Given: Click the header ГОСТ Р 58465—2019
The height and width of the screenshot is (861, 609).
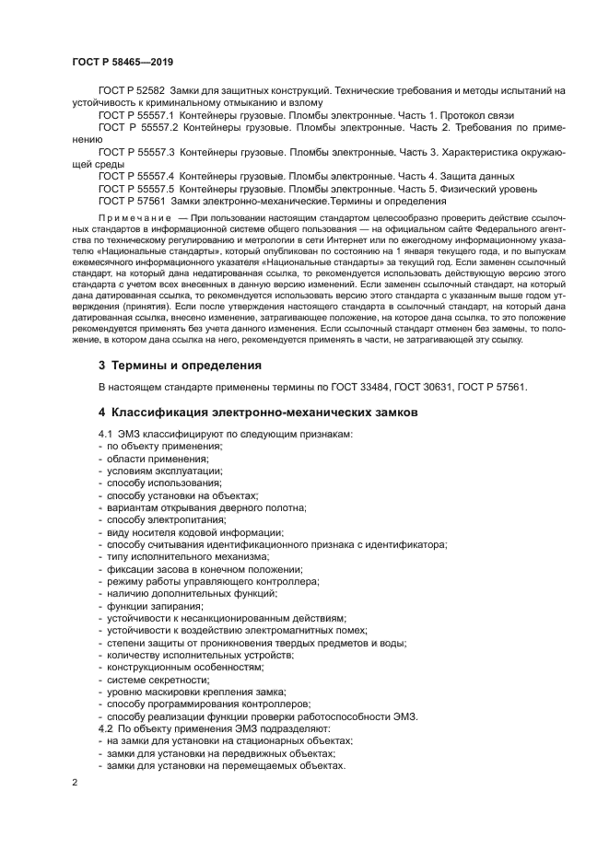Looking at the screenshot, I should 122,62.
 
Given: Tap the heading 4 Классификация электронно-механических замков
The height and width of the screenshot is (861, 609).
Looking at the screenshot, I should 258,413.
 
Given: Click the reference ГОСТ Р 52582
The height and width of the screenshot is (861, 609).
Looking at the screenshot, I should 131,90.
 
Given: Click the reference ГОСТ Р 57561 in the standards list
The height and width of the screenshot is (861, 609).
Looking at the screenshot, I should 131,200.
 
